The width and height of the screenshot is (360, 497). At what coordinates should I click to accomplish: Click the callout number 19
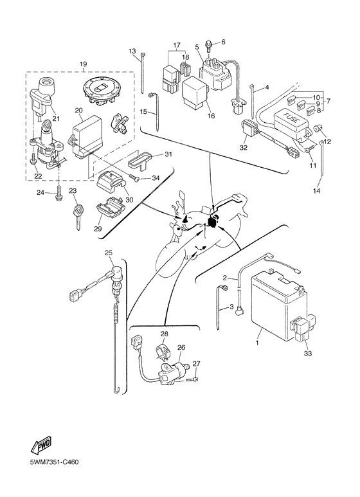[82, 64]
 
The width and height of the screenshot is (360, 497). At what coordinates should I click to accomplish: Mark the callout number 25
[108, 251]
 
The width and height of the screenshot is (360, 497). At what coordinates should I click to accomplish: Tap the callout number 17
[175, 46]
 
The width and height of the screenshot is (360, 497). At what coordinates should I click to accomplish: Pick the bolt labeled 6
[211, 45]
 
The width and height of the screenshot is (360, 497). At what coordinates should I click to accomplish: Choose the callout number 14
[316, 191]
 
